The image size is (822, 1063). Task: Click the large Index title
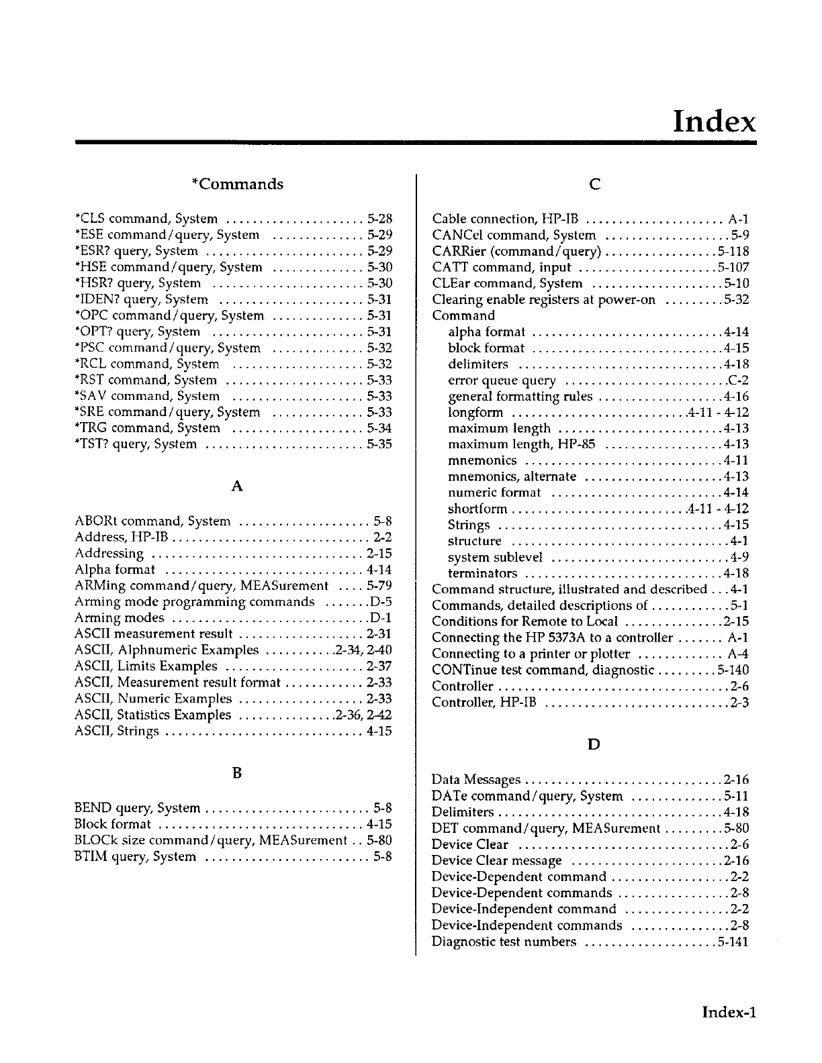pyautogui.click(x=714, y=121)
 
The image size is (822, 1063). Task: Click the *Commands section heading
pyautogui.click(x=237, y=184)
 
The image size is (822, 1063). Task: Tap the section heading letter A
pyautogui.click(x=236, y=487)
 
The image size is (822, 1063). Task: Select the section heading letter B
pyautogui.click(x=236, y=773)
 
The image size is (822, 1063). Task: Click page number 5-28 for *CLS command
pyautogui.click(x=379, y=219)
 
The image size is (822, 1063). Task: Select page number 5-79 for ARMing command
pyautogui.click(x=379, y=586)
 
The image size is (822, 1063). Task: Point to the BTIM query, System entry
pyautogui.click(x=136, y=857)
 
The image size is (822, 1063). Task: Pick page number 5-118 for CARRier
pyautogui.click(x=733, y=252)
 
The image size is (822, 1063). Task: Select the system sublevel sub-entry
pyautogui.click(x=495, y=557)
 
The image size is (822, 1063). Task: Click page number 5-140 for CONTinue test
pyautogui.click(x=733, y=670)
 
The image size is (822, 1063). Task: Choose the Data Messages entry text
pyautogui.click(x=476, y=780)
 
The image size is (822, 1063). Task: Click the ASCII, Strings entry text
pyautogui.click(x=117, y=731)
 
